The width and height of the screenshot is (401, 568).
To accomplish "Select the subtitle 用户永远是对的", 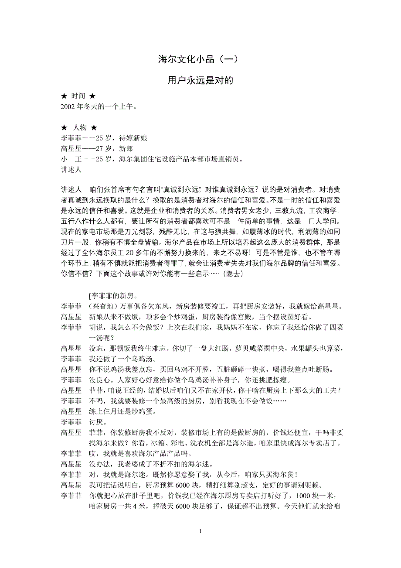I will pyautogui.click(x=200, y=81).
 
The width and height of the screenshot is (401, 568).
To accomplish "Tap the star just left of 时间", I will pyautogui.click(x=65, y=96).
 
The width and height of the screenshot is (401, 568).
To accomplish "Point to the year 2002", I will pyautogui.click(x=69, y=106).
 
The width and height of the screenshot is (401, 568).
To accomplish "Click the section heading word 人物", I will pyautogui.click(x=79, y=127).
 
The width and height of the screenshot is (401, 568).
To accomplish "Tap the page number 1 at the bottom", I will pyautogui.click(x=200, y=531).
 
